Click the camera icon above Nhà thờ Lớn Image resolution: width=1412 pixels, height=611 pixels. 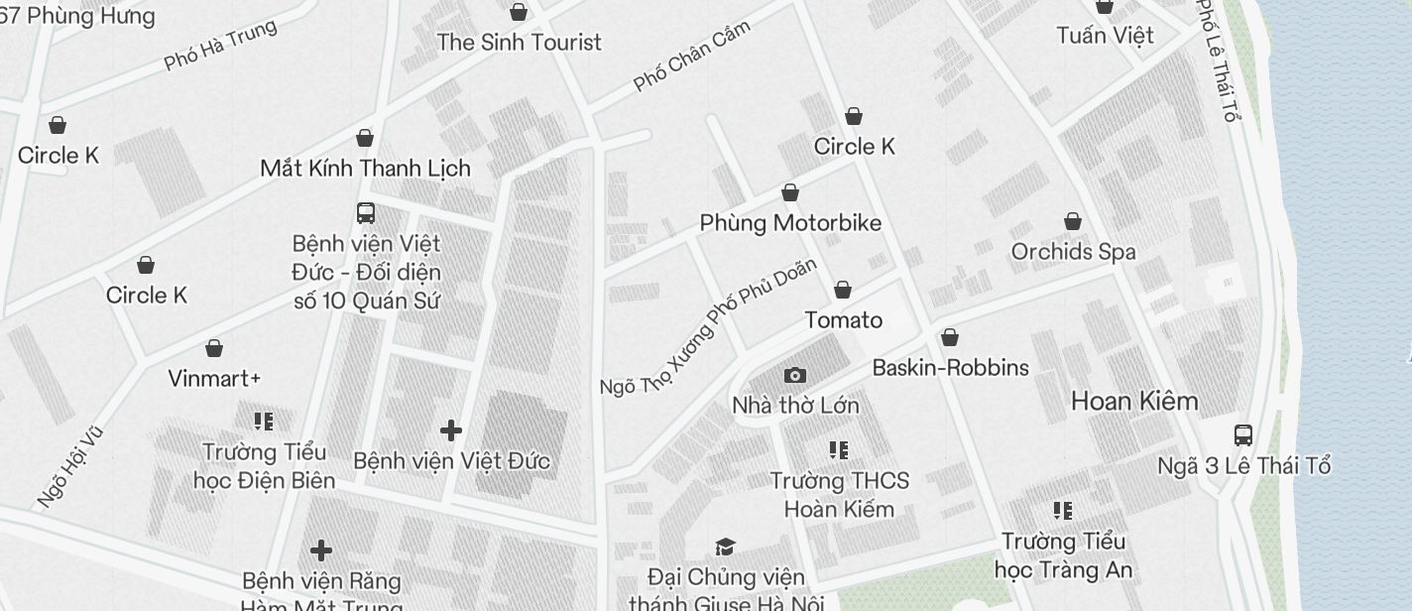(794, 375)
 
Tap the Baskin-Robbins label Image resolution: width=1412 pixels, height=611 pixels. (950, 368)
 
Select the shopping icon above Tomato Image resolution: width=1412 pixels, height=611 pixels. (843, 290)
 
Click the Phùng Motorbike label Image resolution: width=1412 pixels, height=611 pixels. (790, 223)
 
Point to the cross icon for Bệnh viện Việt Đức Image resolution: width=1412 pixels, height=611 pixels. (451, 430)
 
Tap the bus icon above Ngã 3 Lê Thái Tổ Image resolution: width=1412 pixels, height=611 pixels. (1243, 434)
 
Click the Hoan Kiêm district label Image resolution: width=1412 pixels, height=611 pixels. (1134, 402)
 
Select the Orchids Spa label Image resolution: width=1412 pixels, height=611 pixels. (1073, 252)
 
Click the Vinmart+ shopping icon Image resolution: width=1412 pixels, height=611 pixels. (214, 348)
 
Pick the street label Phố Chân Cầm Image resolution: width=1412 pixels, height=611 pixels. (691, 56)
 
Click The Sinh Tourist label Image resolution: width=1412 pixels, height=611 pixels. (519, 43)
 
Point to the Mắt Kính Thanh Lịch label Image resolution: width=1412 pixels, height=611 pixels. (365, 169)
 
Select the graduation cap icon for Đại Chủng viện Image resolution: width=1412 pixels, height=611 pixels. (726, 548)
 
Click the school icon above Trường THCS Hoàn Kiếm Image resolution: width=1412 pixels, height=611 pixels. (839, 450)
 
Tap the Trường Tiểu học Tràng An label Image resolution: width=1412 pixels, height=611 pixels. (1063, 556)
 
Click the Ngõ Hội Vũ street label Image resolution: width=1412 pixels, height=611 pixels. (70, 466)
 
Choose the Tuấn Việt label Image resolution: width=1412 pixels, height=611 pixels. (1105, 36)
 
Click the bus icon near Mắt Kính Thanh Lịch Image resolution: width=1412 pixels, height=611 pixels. (366, 212)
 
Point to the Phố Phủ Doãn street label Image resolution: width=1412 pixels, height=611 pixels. (764, 295)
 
